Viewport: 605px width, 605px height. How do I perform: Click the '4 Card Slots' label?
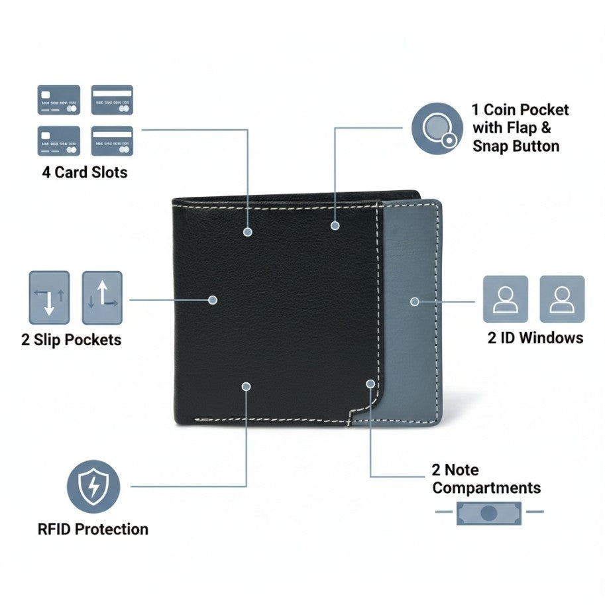pos(85,172)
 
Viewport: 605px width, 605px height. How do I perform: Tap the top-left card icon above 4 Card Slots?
pos(59,99)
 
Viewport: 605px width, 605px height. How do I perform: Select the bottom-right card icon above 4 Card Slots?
pos(112,140)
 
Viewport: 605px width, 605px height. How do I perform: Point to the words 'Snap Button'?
pos(516,146)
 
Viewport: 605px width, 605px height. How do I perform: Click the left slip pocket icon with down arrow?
pos(49,298)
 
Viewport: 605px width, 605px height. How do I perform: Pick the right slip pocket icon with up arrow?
pos(102,298)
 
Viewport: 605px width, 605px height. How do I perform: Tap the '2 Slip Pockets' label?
pos(71,340)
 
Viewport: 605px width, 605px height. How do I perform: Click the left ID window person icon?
pos(506,299)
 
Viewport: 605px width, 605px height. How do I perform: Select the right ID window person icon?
pos(562,299)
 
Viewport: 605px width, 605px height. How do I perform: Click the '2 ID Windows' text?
pos(535,338)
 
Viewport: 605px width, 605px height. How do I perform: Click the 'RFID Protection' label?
pos(93,529)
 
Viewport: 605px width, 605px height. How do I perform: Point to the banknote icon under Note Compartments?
pos(489,512)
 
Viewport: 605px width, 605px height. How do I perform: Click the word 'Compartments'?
pos(486,488)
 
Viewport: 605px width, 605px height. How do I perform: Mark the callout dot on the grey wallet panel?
pos(414,301)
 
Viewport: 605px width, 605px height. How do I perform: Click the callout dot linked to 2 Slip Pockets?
pos(213,300)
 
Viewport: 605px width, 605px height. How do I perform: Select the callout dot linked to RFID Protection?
pos(246,386)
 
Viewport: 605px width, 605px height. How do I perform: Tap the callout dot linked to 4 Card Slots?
pos(248,232)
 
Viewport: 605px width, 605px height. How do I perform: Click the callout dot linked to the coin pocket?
pos(335,225)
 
